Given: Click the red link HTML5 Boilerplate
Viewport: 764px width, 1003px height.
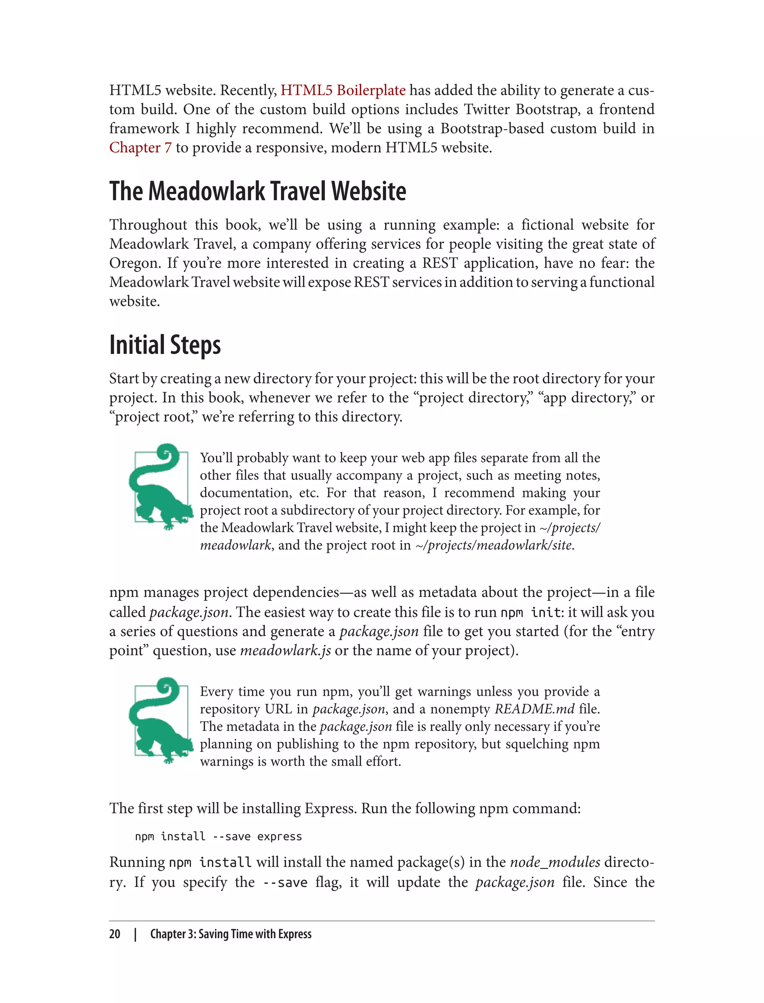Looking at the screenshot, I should pyautogui.click(x=342, y=90).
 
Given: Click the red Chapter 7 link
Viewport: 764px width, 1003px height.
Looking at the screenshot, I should pyautogui.click(x=140, y=147).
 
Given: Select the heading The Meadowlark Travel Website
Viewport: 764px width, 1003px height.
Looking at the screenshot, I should pyautogui.click(x=257, y=191).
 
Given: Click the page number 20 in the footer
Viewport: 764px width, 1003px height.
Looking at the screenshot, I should pyautogui.click(x=115, y=934).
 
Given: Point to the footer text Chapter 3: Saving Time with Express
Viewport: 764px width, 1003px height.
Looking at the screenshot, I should pyautogui.click(x=231, y=934).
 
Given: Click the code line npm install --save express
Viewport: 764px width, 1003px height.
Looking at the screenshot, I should pyautogui.click(x=218, y=836).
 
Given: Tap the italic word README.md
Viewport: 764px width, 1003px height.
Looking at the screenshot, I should pyautogui.click(x=534, y=709).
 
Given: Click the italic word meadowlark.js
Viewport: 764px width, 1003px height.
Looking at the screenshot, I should pyautogui.click(x=285, y=650).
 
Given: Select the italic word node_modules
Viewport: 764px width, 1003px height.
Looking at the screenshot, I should pyautogui.click(x=555, y=862).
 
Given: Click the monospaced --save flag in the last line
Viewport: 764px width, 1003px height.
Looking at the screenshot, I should pyautogui.click(x=285, y=882).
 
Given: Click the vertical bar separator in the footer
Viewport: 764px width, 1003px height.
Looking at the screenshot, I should pyautogui.click(x=135, y=934).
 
